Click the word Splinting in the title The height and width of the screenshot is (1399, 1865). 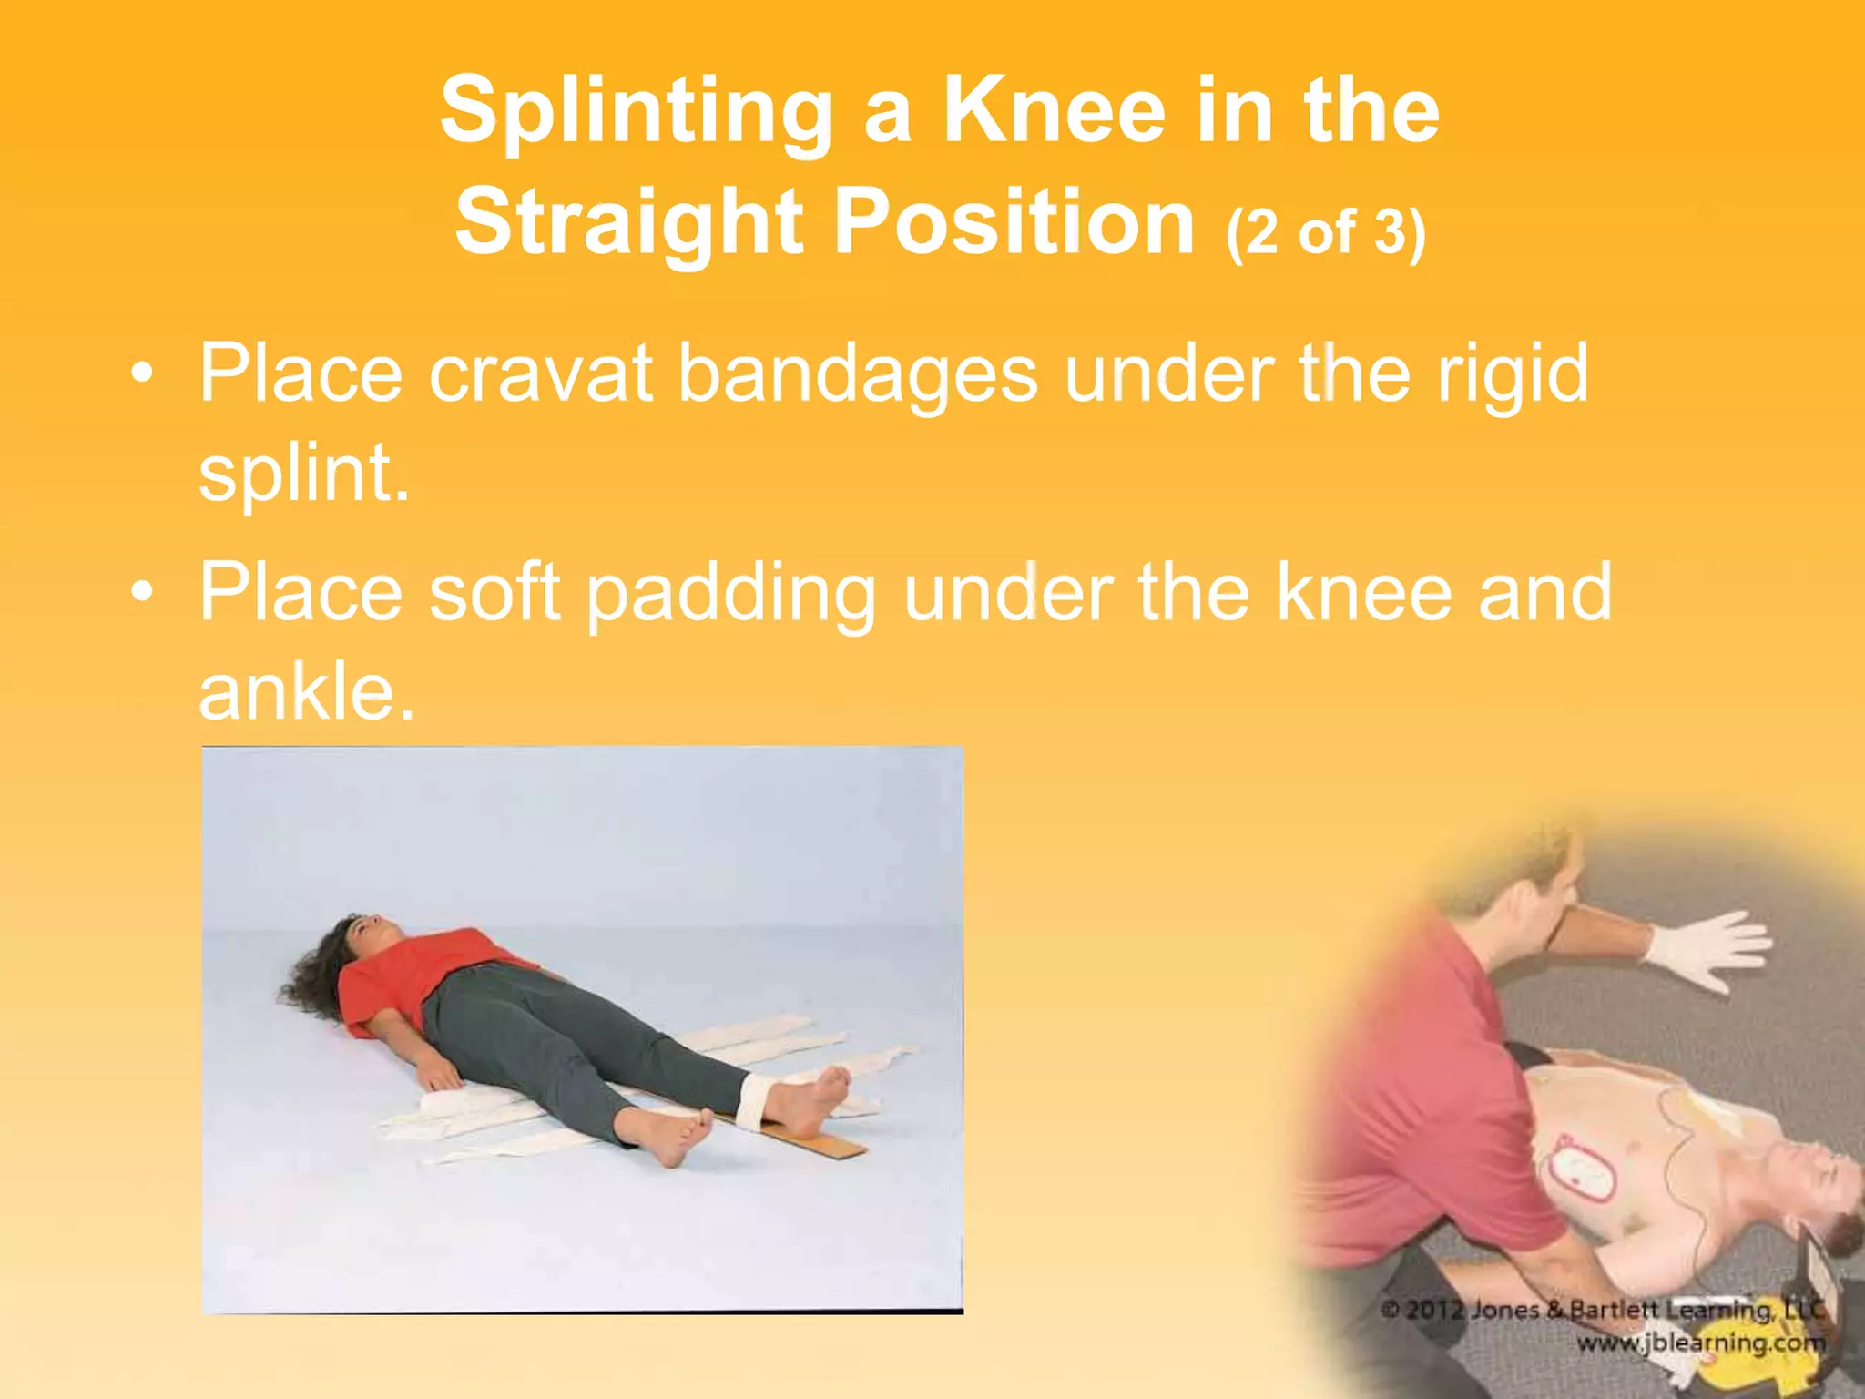pos(636,111)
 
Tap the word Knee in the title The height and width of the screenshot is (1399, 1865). pos(1055,111)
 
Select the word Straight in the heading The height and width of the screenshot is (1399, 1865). pos(629,222)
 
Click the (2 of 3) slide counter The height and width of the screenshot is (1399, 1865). pos(1325,232)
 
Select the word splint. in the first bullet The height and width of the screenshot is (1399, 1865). pos(304,474)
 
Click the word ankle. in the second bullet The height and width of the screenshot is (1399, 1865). pos(307,692)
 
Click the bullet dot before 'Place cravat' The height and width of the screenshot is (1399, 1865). pos(141,374)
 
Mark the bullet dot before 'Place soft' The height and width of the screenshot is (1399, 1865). pos(141,593)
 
